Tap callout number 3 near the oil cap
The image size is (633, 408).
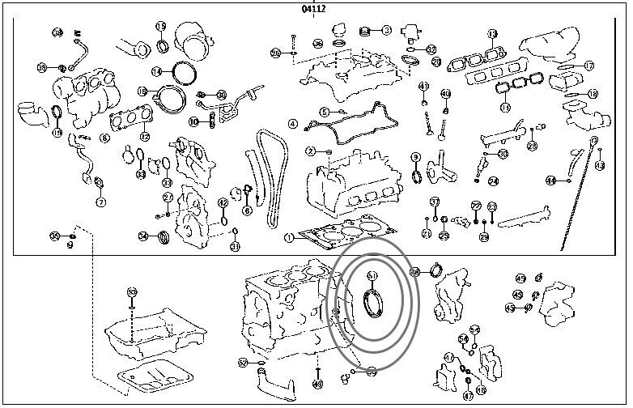(387, 30)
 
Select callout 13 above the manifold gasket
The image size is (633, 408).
(493, 34)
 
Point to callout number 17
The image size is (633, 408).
(589, 66)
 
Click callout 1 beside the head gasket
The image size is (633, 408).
(289, 237)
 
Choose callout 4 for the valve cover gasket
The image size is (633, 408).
(293, 125)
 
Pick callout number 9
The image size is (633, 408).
(415, 158)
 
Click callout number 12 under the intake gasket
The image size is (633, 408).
(146, 136)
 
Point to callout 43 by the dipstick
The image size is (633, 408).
(600, 165)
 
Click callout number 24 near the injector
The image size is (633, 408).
(493, 181)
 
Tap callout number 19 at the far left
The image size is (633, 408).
(57, 132)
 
